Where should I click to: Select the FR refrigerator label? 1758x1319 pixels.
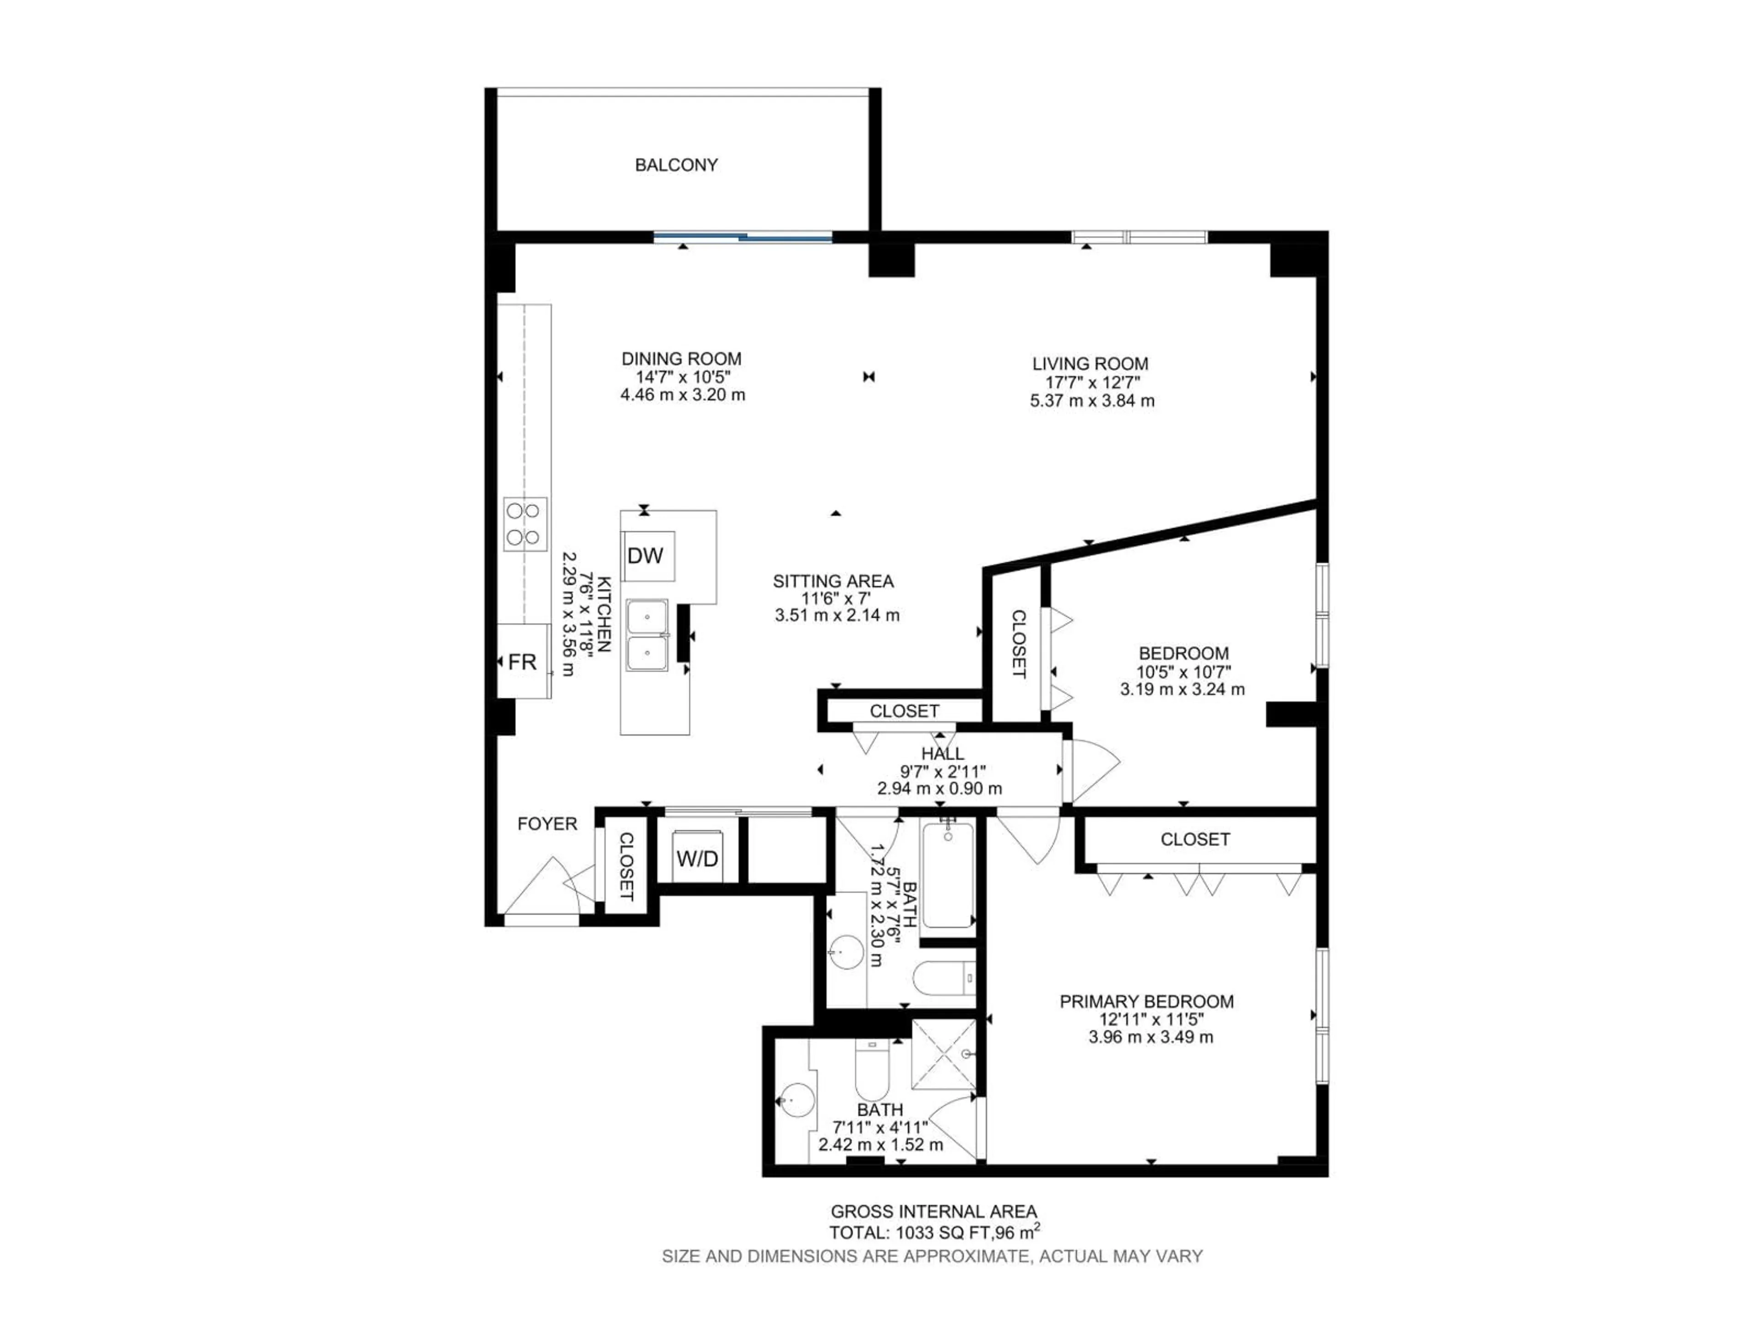click(x=522, y=661)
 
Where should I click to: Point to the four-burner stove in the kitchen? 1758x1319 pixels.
click(x=525, y=524)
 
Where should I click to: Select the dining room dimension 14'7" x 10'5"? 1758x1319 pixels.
click(x=682, y=377)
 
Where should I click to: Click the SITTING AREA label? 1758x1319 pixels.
click(x=833, y=581)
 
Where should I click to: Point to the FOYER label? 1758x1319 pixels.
click(x=547, y=823)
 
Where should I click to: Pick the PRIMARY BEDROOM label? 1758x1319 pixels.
click(x=1146, y=1002)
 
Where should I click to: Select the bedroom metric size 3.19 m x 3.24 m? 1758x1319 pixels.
click(x=1183, y=689)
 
